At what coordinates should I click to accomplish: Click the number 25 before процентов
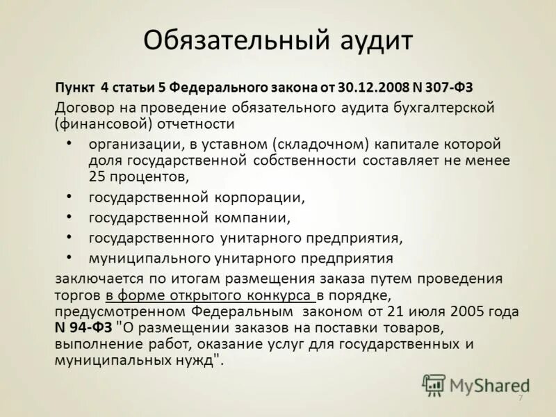point(97,175)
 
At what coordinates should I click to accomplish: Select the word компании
point(253,218)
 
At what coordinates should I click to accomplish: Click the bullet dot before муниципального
point(69,256)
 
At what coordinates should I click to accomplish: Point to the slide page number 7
point(520,398)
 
